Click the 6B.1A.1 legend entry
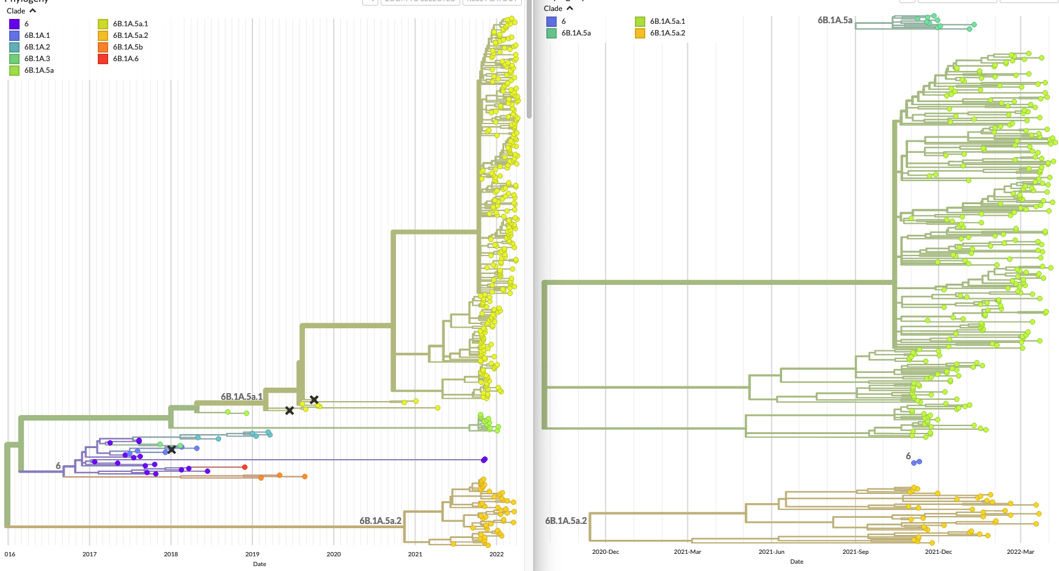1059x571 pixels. pyautogui.click(x=37, y=35)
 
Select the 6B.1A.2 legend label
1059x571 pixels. pyautogui.click(x=37, y=47)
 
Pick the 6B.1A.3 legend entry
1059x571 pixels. pyautogui.click(x=37, y=59)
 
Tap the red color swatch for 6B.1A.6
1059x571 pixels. pyautogui.click(x=103, y=59)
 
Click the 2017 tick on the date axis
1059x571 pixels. pyautogui.click(x=89, y=554)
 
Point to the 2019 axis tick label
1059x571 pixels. pyautogui.click(x=252, y=554)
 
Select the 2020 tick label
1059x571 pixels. pyautogui.click(x=334, y=554)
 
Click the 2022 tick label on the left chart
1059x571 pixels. pyautogui.click(x=496, y=554)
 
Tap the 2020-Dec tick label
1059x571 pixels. pyautogui.click(x=606, y=552)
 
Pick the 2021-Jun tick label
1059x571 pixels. pyautogui.click(x=771, y=552)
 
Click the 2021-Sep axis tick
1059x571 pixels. pyautogui.click(x=855, y=552)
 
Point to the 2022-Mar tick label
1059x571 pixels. pyautogui.click(x=1021, y=552)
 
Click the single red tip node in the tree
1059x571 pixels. pyautogui.click(x=245, y=467)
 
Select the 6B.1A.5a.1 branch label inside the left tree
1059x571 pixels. pyautogui.click(x=241, y=397)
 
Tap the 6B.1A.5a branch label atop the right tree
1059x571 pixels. pyautogui.click(x=835, y=20)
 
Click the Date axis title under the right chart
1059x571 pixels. pyautogui.click(x=797, y=562)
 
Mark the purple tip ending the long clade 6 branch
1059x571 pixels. pyautogui.click(x=485, y=459)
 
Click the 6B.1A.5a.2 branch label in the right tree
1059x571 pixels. pyautogui.click(x=566, y=521)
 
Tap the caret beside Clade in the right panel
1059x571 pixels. pyautogui.click(x=570, y=9)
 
